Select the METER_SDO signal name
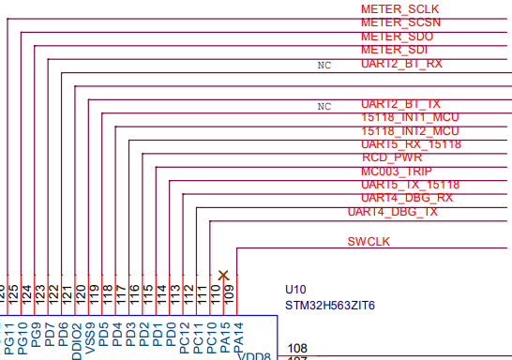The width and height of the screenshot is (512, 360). click(x=397, y=36)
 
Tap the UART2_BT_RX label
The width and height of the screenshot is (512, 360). click(x=401, y=64)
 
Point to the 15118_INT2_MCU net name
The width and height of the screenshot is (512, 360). click(x=410, y=131)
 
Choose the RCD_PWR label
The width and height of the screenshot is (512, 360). click(x=391, y=157)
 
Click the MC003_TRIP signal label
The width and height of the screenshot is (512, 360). click(x=397, y=172)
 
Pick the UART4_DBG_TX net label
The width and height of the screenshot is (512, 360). click(x=392, y=212)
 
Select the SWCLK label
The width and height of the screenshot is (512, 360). click(x=369, y=242)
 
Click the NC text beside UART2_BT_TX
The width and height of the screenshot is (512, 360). click(x=324, y=106)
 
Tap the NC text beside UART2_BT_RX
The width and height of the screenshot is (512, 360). click(x=324, y=67)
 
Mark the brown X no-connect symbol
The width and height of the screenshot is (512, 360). click(x=223, y=275)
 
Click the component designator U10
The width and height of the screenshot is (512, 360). click(x=296, y=290)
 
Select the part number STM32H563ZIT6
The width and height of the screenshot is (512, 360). click(x=329, y=306)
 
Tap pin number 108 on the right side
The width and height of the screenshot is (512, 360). click(x=297, y=348)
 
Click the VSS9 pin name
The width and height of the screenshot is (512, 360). click(x=90, y=336)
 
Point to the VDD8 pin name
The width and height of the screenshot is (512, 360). click(x=253, y=356)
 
